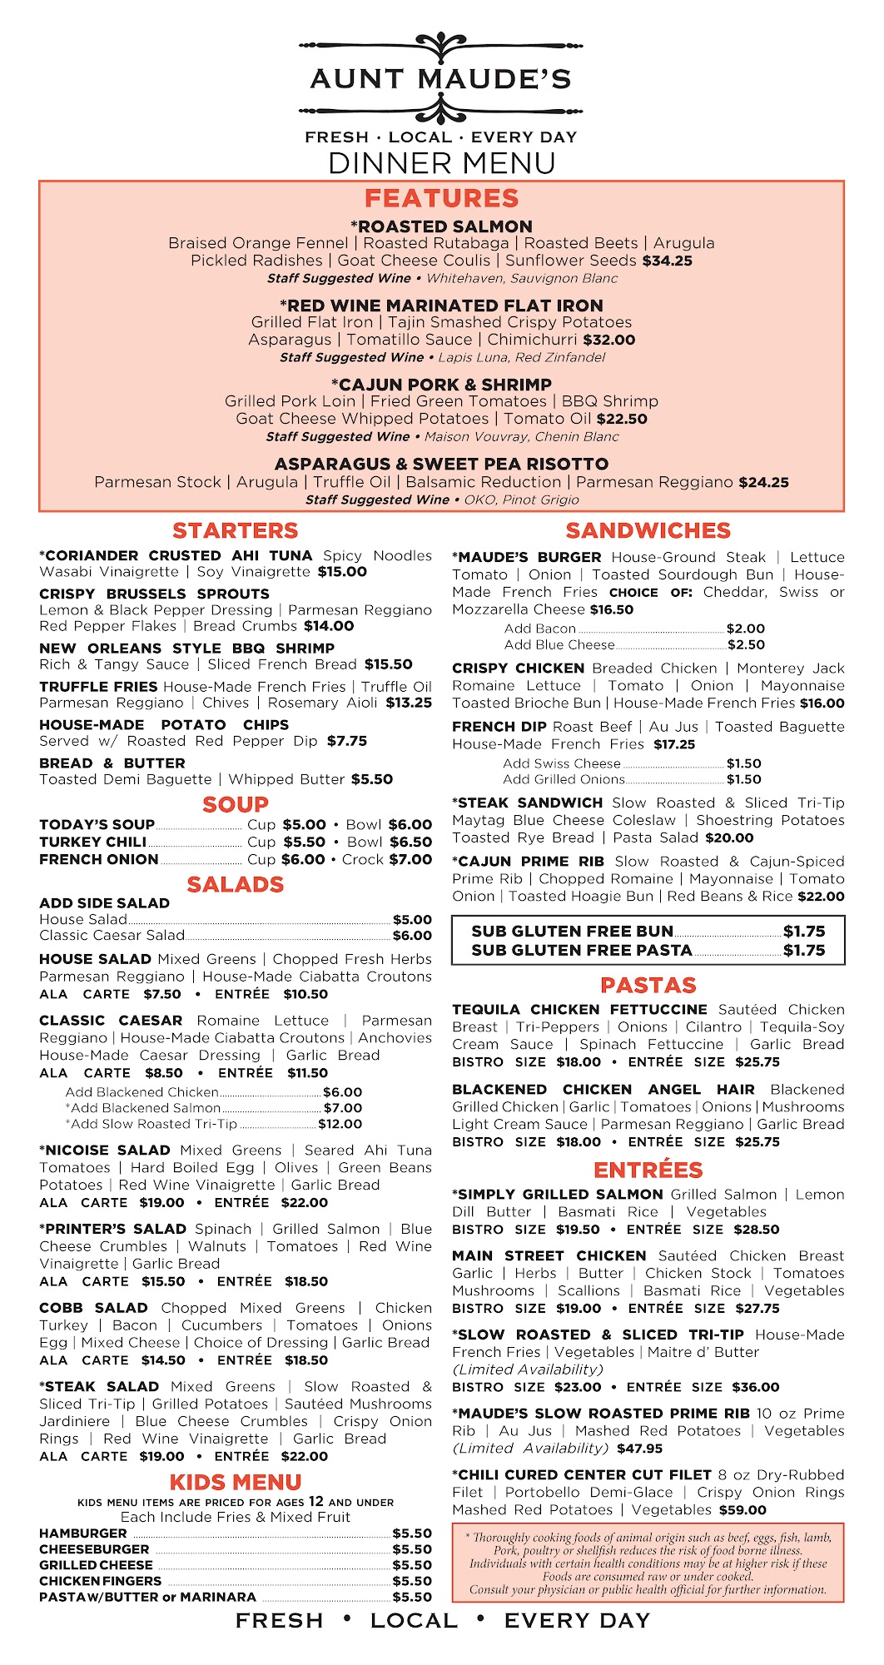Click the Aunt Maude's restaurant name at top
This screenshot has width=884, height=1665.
pyautogui.click(x=440, y=79)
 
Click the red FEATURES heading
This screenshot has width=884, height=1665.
pyautogui.click(x=441, y=198)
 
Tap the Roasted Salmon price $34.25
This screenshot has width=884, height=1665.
pyautogui.click(x=667, y=261)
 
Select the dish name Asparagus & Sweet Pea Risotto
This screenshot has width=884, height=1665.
pyautogui.click(x=441, y=464)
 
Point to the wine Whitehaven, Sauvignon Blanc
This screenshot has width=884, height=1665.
pyautogui.click(x=522, y=278)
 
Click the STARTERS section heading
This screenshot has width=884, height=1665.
pyautogui.click(x=235, y=531)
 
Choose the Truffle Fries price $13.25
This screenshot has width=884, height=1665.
pyautogui.click(x=409, y=703)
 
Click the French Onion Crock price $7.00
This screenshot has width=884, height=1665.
pyautogui.click(x=410, y=859)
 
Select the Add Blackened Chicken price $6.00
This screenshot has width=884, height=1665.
pyautogui.click(x=342, y=1091)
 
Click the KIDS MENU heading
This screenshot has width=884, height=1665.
pyautogui.click(x=235, y=1482)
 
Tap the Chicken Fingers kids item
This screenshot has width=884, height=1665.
pyautogui.click(x=100, y=1581)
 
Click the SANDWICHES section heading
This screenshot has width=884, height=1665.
pyautogui.click(x=648, y=531)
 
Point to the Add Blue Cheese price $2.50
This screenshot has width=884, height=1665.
pyautogui.click(x=746, y=644)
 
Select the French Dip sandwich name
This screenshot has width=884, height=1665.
pyautogui.click(x=498, y=727)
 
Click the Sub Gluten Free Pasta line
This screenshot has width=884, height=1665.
pyautogui.click(x=581, y=950)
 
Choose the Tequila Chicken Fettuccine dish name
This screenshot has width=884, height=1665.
pyautogui.click(x=579, y=1010)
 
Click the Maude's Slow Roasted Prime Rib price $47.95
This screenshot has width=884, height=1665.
pyautogui.click(x=639, y=1448)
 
